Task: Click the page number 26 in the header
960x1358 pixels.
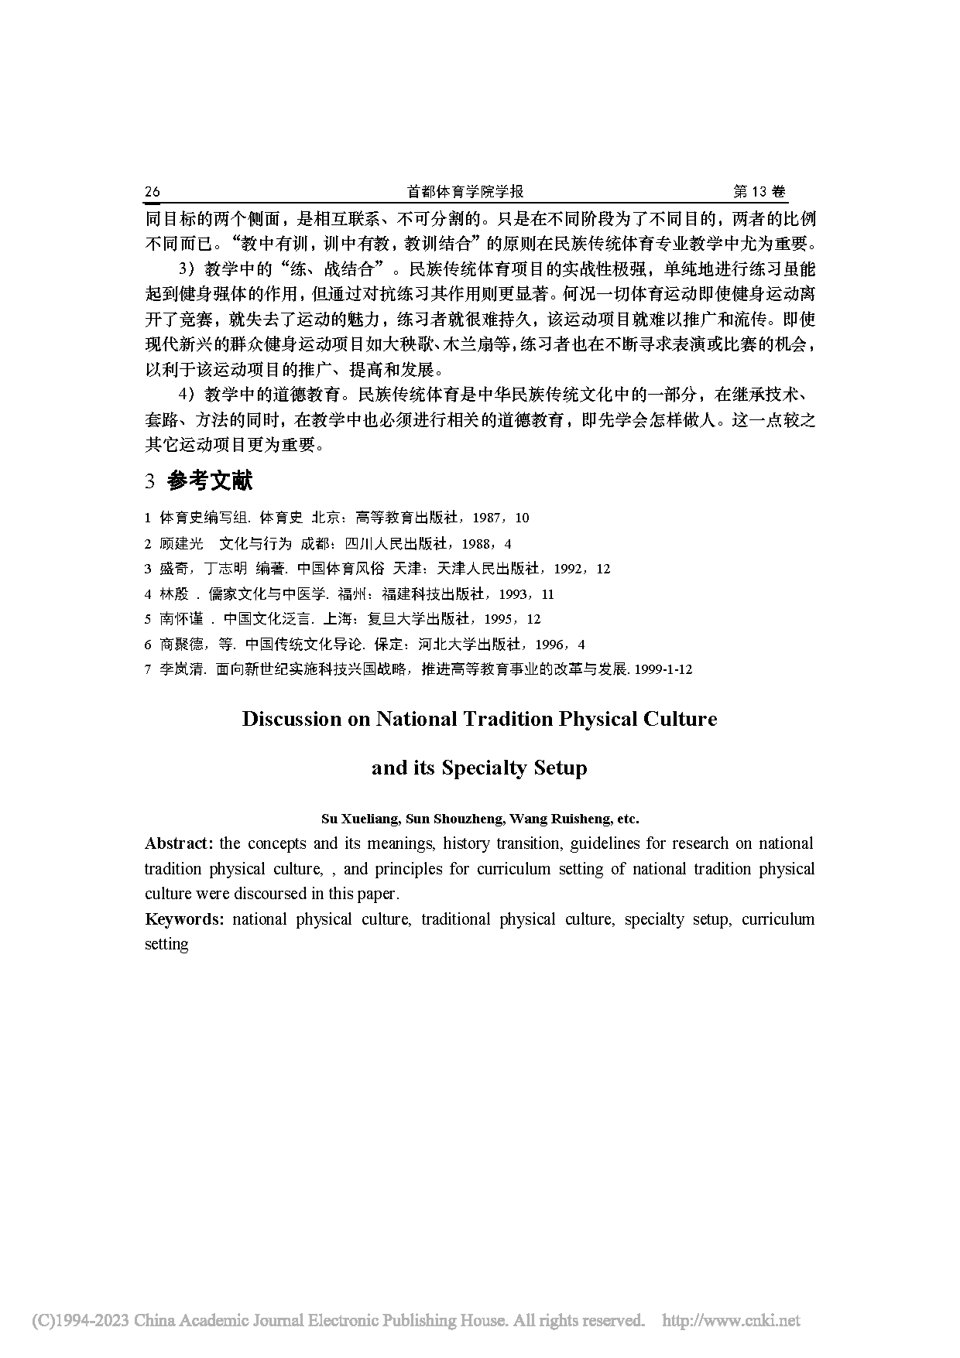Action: tap(152, 192)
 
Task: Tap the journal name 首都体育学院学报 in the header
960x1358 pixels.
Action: tap(465, 192)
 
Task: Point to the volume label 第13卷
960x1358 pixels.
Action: tap(759, 192)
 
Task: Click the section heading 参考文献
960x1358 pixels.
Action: tap(210, 481)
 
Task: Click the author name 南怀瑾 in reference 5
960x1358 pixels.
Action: tap(181, 619)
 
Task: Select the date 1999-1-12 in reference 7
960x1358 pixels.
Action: tap(663, 669)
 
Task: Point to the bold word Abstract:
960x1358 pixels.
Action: tap(179, 843)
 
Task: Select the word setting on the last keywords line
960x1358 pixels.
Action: tap(166, 944)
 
